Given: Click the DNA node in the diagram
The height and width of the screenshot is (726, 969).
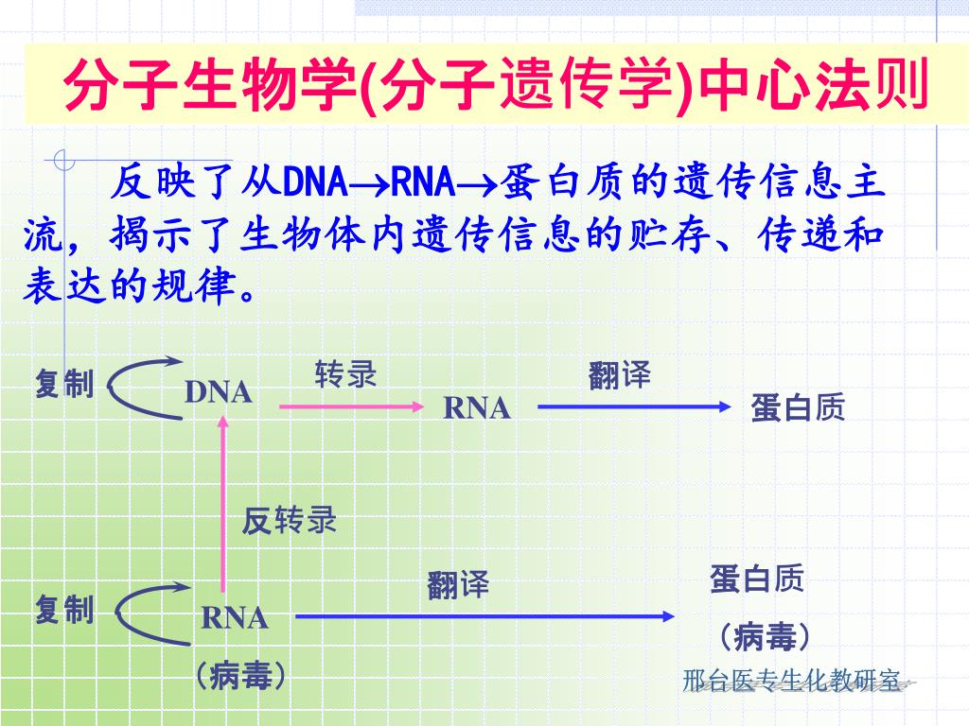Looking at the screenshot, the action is pos(218,391).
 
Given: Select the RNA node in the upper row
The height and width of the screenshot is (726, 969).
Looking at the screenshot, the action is pos(477,408).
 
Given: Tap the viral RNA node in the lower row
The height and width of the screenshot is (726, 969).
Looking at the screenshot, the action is pos(235,619).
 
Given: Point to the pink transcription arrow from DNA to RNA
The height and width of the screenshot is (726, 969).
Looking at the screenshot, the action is pos(350,406).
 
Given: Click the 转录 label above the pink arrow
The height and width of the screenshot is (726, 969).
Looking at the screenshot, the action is pos(345,375).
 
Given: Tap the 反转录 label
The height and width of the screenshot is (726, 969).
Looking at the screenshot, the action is pos(289,520).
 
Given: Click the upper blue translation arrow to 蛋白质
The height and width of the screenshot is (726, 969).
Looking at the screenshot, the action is pos(634,406).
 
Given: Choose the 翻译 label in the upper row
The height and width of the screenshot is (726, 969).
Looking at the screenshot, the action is pos(619,375).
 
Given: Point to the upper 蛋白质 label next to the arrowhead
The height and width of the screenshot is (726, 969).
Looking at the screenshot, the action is pos(797,407).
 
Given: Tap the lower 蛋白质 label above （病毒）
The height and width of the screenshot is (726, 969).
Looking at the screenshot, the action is pos(756,579).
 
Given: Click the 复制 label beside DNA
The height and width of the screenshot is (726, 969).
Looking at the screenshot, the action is pos(64,384).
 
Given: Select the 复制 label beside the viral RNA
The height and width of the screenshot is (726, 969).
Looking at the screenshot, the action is pos(64,610).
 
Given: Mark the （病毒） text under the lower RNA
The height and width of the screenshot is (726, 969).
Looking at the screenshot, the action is pos(240,676).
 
